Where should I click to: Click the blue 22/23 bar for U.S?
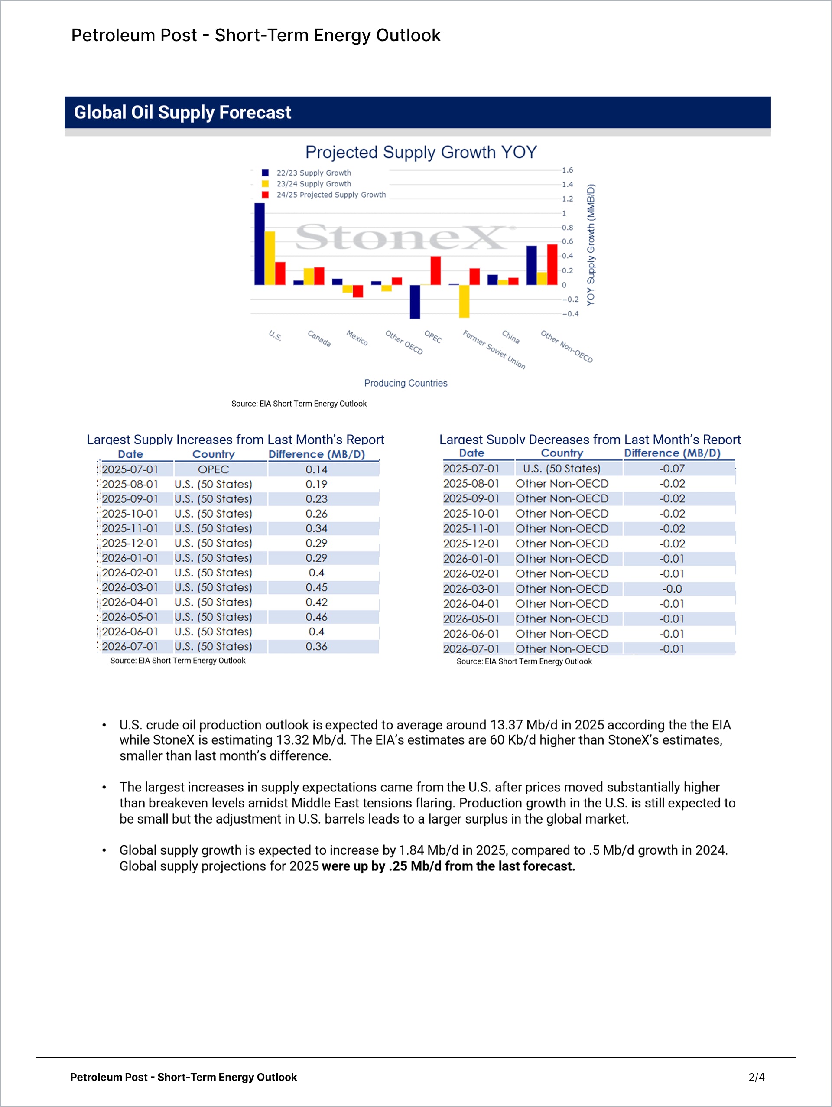259,244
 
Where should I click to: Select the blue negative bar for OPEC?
415,302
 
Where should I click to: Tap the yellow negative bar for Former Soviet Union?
464,301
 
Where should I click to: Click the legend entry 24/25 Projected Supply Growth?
331,195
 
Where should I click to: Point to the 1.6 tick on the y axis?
567,170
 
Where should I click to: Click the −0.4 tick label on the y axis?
570,314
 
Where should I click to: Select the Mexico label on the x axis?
357,338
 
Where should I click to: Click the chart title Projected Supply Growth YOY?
421,152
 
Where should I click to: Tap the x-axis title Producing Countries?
406,383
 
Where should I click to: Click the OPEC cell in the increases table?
214,469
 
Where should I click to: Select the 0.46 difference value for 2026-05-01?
316,617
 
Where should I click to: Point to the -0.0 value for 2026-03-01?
672,589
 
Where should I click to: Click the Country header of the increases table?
214,454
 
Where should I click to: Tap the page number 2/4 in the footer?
756,1077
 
